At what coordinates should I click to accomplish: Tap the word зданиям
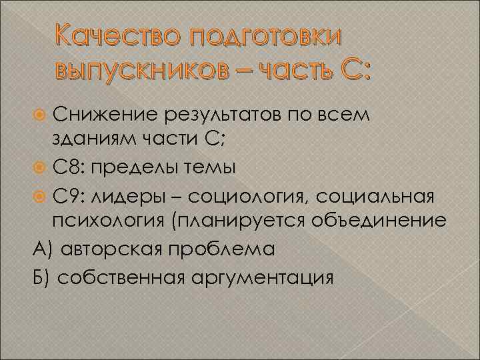[97, 142]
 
